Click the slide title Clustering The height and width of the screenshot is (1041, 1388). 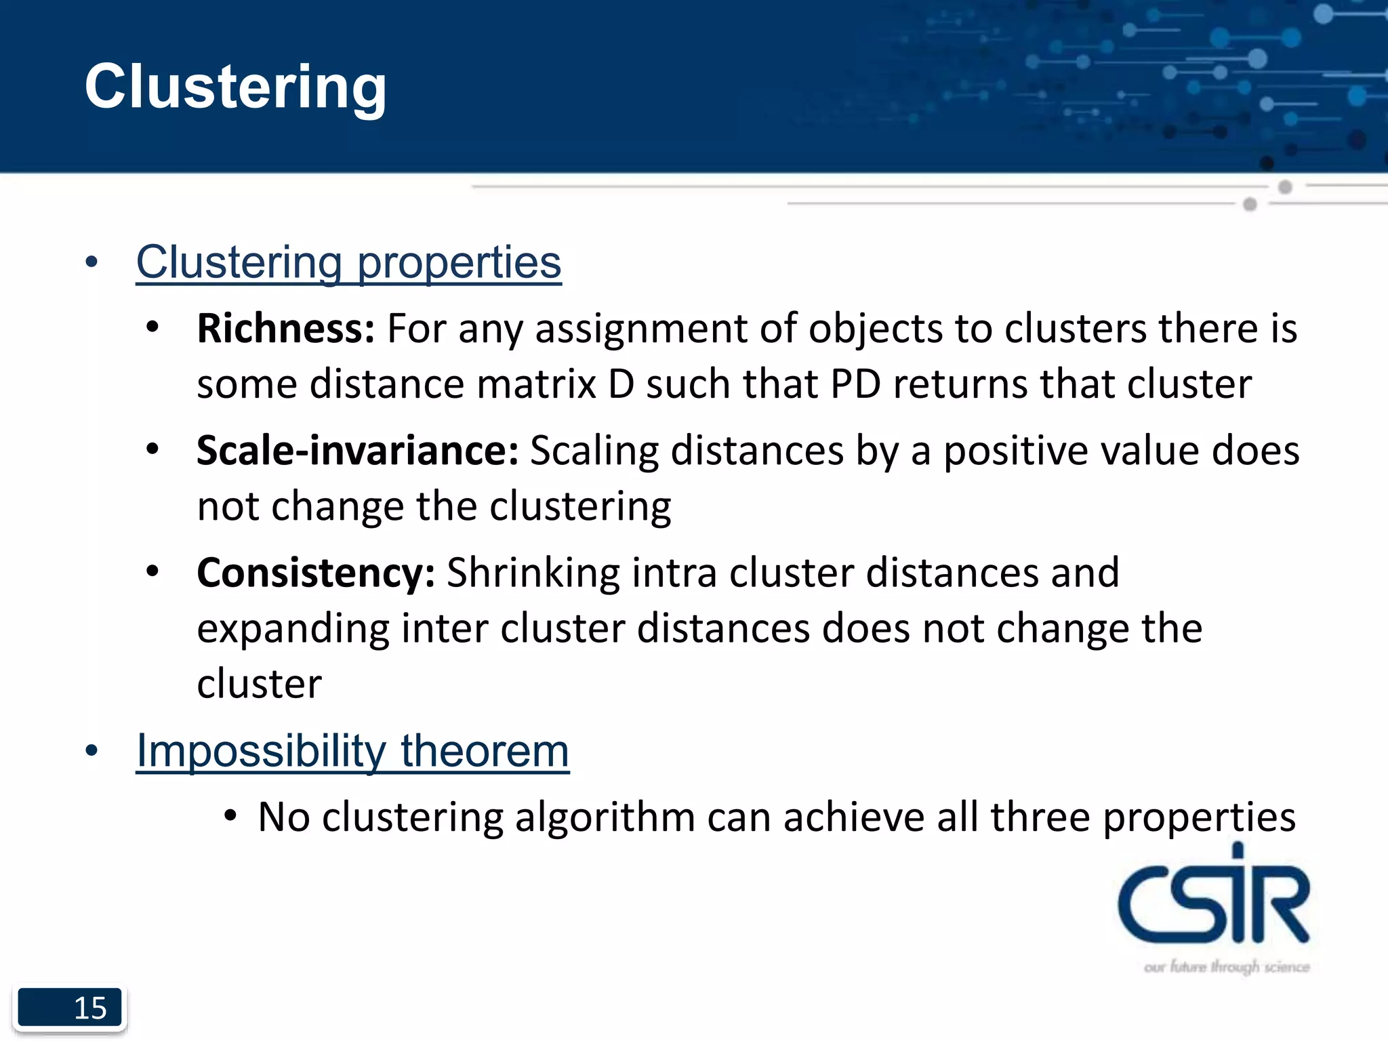(x=235, y=87)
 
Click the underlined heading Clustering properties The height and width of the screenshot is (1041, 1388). (x=348, y=262)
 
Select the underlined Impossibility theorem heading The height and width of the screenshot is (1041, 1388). (x=352, y=751)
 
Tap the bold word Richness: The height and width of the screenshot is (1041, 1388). (x=285, y=329)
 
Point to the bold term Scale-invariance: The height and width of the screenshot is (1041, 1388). (x=357, y=451)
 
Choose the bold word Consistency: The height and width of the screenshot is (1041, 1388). (x=316, y=573)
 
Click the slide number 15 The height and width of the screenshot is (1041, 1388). (x=90, y=1008)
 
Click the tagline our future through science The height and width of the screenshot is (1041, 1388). (x=1227, y=966)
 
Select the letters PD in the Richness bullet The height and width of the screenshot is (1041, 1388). (x=855, y=384)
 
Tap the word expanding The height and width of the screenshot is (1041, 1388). (x=293, y=628)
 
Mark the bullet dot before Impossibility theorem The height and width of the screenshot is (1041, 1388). (x=92, y=751)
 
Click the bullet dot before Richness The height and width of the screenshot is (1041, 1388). (x=152, y=327)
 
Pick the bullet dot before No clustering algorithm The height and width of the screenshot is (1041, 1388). (x=230, y=815)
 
